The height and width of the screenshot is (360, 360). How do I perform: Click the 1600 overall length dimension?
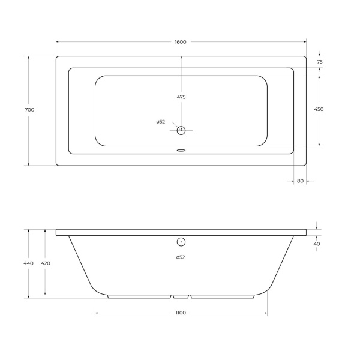(x=181, y=42)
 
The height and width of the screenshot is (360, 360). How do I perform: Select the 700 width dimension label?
(x=29, y=110)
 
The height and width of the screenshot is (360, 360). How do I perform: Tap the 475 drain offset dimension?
(x=181, y=97)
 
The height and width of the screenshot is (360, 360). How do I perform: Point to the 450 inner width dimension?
(x=319, y=109)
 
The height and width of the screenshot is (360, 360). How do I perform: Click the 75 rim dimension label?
(x=320, y=62)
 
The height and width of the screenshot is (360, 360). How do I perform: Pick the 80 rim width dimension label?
(x=301, y=181)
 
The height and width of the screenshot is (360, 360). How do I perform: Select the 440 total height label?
(x=28, y=263)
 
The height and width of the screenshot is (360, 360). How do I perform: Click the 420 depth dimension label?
(x=46, y=263)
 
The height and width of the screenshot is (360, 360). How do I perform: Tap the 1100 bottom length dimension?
(x=181, y=313)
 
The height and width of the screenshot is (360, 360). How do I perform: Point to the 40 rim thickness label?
(x=317, y=244)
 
